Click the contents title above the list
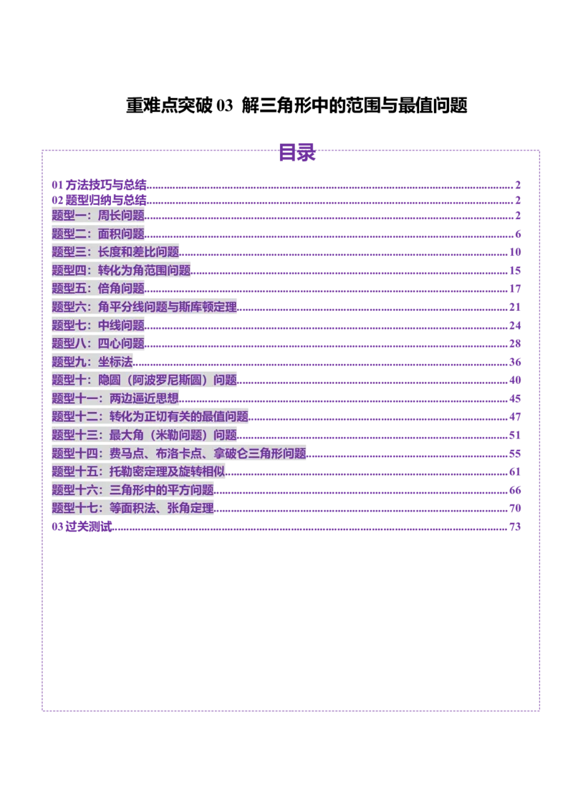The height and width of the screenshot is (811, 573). tap(296, 153)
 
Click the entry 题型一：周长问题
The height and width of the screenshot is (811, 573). tap(98, 215)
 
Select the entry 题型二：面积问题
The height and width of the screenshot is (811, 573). tap(98, 234)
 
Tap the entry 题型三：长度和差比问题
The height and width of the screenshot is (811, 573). tap(115, 251)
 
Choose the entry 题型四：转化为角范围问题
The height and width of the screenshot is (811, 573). tap(121, 270)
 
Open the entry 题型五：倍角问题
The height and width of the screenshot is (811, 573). tap(98, 288)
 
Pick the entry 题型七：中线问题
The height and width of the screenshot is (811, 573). tap(98, 325)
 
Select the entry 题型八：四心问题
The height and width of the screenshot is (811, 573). tap(98, 343)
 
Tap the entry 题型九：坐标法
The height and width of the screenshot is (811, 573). tap(92, 362)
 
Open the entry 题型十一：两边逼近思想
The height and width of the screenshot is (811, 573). tap(115, 398)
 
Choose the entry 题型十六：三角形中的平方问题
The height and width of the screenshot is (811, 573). tap(133, 490)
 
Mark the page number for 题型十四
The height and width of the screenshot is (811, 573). tap(514, 453)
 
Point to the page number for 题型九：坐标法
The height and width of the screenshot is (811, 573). tap(514, 362)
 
